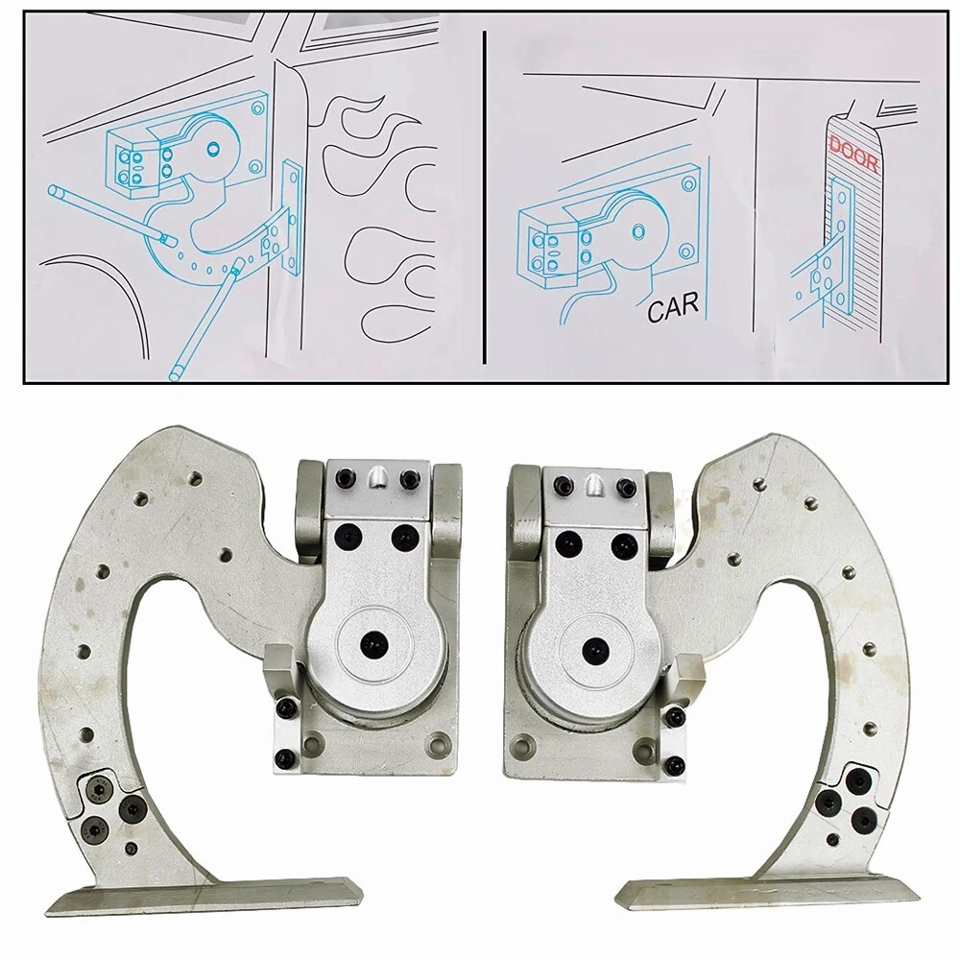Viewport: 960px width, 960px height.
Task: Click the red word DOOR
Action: click(x=854, y=156)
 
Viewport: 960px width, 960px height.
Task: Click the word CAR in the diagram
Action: click(x=673, y=307)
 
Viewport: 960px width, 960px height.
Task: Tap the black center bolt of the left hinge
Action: click(x=371, y=645)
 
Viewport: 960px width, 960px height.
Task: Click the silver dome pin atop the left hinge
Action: click(x=377, y=476)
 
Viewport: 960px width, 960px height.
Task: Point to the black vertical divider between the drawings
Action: click(x=484, y=197)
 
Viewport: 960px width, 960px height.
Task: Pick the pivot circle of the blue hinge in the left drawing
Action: click(x=213, y=148)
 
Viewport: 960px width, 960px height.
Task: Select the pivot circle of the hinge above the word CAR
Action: click(x=638, y=231)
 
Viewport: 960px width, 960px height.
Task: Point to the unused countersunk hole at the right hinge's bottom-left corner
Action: click(x=521, y=748)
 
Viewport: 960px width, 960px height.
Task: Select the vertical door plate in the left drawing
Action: click(x=292, y=217)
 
